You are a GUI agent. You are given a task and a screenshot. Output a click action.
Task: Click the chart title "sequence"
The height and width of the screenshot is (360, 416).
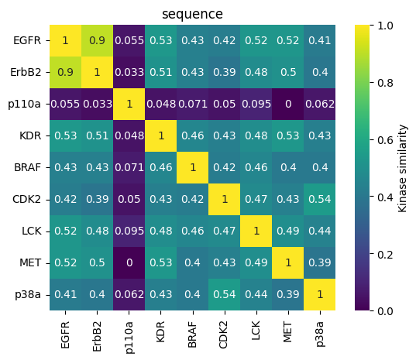[193, 14]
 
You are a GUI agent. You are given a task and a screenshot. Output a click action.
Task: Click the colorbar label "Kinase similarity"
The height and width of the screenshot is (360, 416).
[404, 167]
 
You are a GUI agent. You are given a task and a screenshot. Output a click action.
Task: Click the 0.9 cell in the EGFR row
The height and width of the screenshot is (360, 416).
[98, 40]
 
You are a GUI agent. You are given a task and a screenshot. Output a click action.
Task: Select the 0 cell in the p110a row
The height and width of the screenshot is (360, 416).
[288, 104]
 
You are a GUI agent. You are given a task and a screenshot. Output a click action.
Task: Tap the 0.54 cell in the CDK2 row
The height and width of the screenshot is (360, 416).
[320, 199]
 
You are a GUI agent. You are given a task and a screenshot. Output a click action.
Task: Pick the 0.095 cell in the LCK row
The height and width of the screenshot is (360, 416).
[129, 231]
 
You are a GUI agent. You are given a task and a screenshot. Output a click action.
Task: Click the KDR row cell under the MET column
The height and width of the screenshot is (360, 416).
[288, 135]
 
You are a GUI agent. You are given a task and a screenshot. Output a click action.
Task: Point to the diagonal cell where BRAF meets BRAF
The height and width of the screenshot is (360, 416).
[193, 167]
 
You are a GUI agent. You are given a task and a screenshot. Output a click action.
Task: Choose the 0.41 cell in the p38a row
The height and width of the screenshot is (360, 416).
[66, 294]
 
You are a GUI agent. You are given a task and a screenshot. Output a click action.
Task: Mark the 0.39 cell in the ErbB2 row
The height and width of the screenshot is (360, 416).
[225, 72]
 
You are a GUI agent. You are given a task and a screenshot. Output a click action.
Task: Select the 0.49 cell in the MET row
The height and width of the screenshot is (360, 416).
[256, 262]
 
